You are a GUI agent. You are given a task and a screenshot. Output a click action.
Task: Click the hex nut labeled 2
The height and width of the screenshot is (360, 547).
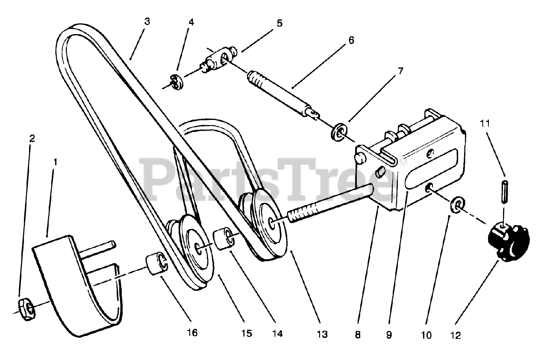pos(27,308)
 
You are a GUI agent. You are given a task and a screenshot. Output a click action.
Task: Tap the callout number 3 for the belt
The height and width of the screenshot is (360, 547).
pos(147,21)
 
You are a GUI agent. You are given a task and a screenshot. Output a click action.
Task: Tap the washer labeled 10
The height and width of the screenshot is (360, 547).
pos(457,205)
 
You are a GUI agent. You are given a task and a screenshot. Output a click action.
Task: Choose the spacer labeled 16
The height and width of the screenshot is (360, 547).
pos(156,265)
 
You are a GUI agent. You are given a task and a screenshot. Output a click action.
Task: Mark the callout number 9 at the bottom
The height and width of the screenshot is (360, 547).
pos(389,335)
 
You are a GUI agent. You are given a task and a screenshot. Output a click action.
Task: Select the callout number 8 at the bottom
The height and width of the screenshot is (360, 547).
pos(358,335)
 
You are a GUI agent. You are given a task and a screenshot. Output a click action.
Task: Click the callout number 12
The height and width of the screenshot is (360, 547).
pos(456,336)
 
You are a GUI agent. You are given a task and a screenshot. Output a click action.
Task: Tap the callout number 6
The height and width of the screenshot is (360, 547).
pos(351,41)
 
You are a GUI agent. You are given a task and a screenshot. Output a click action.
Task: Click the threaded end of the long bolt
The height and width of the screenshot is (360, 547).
pos(303,211)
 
